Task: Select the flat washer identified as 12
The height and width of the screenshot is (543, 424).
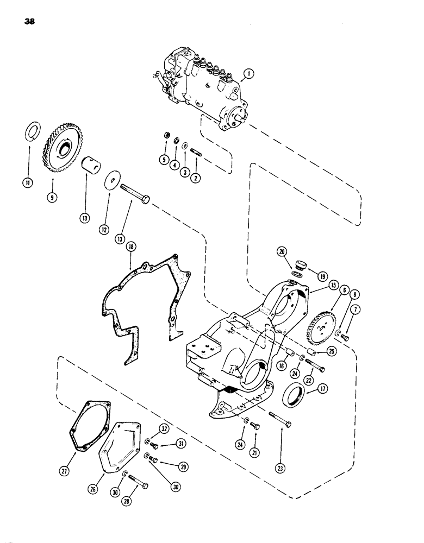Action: [114, 179]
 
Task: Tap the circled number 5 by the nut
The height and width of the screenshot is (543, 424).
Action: [163, 159]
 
